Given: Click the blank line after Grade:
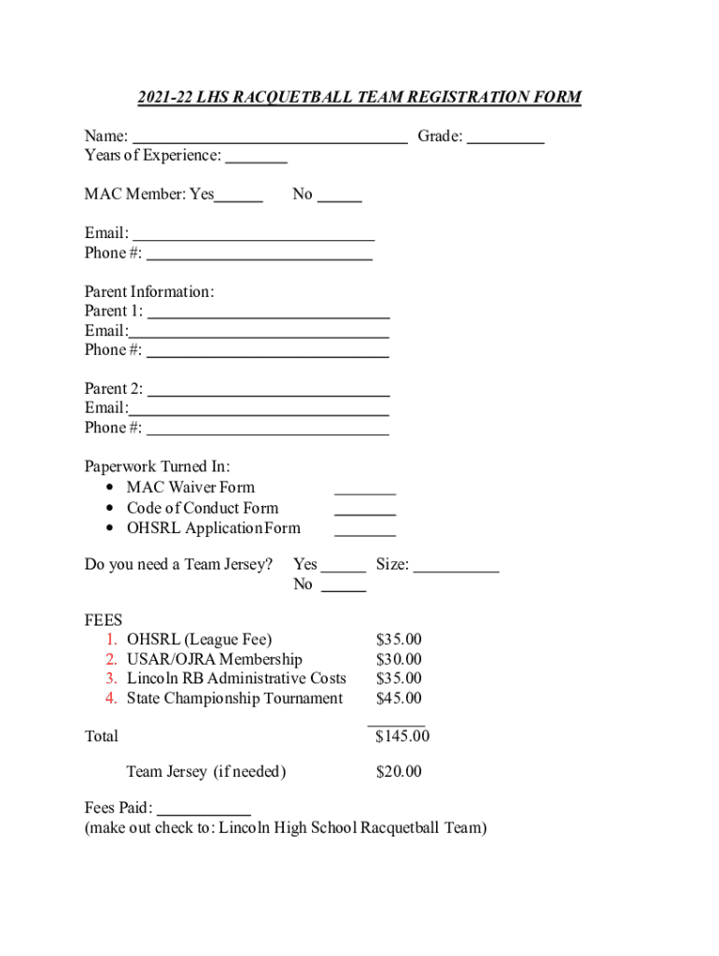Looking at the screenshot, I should [x=505, y=140].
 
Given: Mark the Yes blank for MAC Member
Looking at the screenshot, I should [x=239, y=198].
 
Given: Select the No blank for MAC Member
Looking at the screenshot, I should [x=340, y=198].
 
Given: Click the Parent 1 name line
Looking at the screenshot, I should [x=268, y=315].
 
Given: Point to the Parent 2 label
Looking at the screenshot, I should [x=113, y=388].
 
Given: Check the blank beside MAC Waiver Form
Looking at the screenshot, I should [x=365, y=490].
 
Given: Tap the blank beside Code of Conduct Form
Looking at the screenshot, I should [x=365, y=512].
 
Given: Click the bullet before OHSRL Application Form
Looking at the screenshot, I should [x=111, y=528].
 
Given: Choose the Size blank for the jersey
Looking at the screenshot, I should [x=457, y=568].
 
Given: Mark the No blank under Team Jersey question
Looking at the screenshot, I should [x=344, y=588].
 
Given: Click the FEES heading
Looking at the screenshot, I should [x=104, y=620].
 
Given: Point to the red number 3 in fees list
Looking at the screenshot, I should [x=111, y=679].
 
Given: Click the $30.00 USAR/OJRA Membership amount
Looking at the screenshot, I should [x=399, y=659].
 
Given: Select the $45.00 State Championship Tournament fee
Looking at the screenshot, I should [x=399, y=698].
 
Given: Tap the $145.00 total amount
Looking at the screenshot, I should [x=402, y=737].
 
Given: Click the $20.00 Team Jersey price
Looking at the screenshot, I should [x=399, y=772].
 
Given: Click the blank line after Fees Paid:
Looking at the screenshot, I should [x=204, y=812].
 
